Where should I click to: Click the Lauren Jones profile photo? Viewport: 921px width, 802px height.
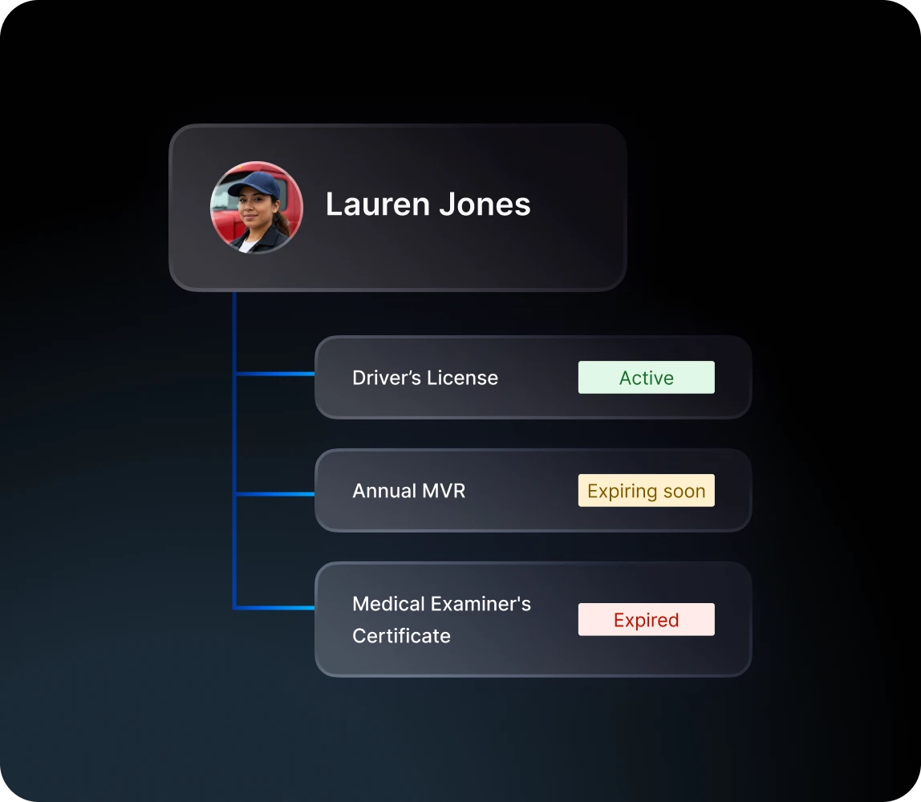257,208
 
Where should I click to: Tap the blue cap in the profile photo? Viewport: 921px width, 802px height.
254,184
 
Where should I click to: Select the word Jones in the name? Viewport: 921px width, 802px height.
485,205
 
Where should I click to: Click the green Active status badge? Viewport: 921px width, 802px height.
646,378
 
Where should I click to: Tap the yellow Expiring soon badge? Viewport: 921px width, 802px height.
646,490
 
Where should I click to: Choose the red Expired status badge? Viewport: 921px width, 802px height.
646,619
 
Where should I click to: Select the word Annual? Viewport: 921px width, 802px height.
385,491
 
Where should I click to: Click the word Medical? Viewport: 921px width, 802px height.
388,604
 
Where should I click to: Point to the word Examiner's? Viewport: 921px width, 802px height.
481,604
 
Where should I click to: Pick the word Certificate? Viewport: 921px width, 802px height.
402,636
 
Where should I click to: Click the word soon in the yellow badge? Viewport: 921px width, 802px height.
684,491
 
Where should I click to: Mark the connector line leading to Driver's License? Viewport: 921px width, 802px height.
275,374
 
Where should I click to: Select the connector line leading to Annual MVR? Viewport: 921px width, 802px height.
275,494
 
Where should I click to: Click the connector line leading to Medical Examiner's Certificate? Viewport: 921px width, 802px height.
275,608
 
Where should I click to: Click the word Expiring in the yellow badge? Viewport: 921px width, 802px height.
622,492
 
